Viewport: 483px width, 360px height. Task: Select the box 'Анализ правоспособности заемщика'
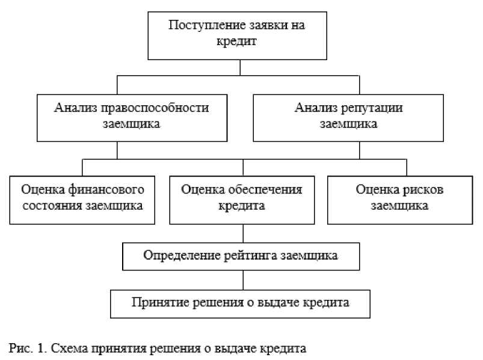(x=132, y=117)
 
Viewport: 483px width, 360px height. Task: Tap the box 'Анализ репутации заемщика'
(x=348, y=117)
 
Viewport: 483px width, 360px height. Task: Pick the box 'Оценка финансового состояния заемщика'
(x=82, y=198)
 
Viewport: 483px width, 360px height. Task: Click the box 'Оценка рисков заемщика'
(x=399, y=198)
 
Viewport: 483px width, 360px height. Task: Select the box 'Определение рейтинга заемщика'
(x=241, y=255)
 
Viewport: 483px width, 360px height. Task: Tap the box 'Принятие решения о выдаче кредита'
(x=240, y=302)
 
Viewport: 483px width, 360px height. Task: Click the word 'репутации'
(x=373, y=108)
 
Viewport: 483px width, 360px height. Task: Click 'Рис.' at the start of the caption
(x=17, y=348)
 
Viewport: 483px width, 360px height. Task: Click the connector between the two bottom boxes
(x=242, y=279)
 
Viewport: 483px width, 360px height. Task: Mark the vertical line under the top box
(x=240, y=67)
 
